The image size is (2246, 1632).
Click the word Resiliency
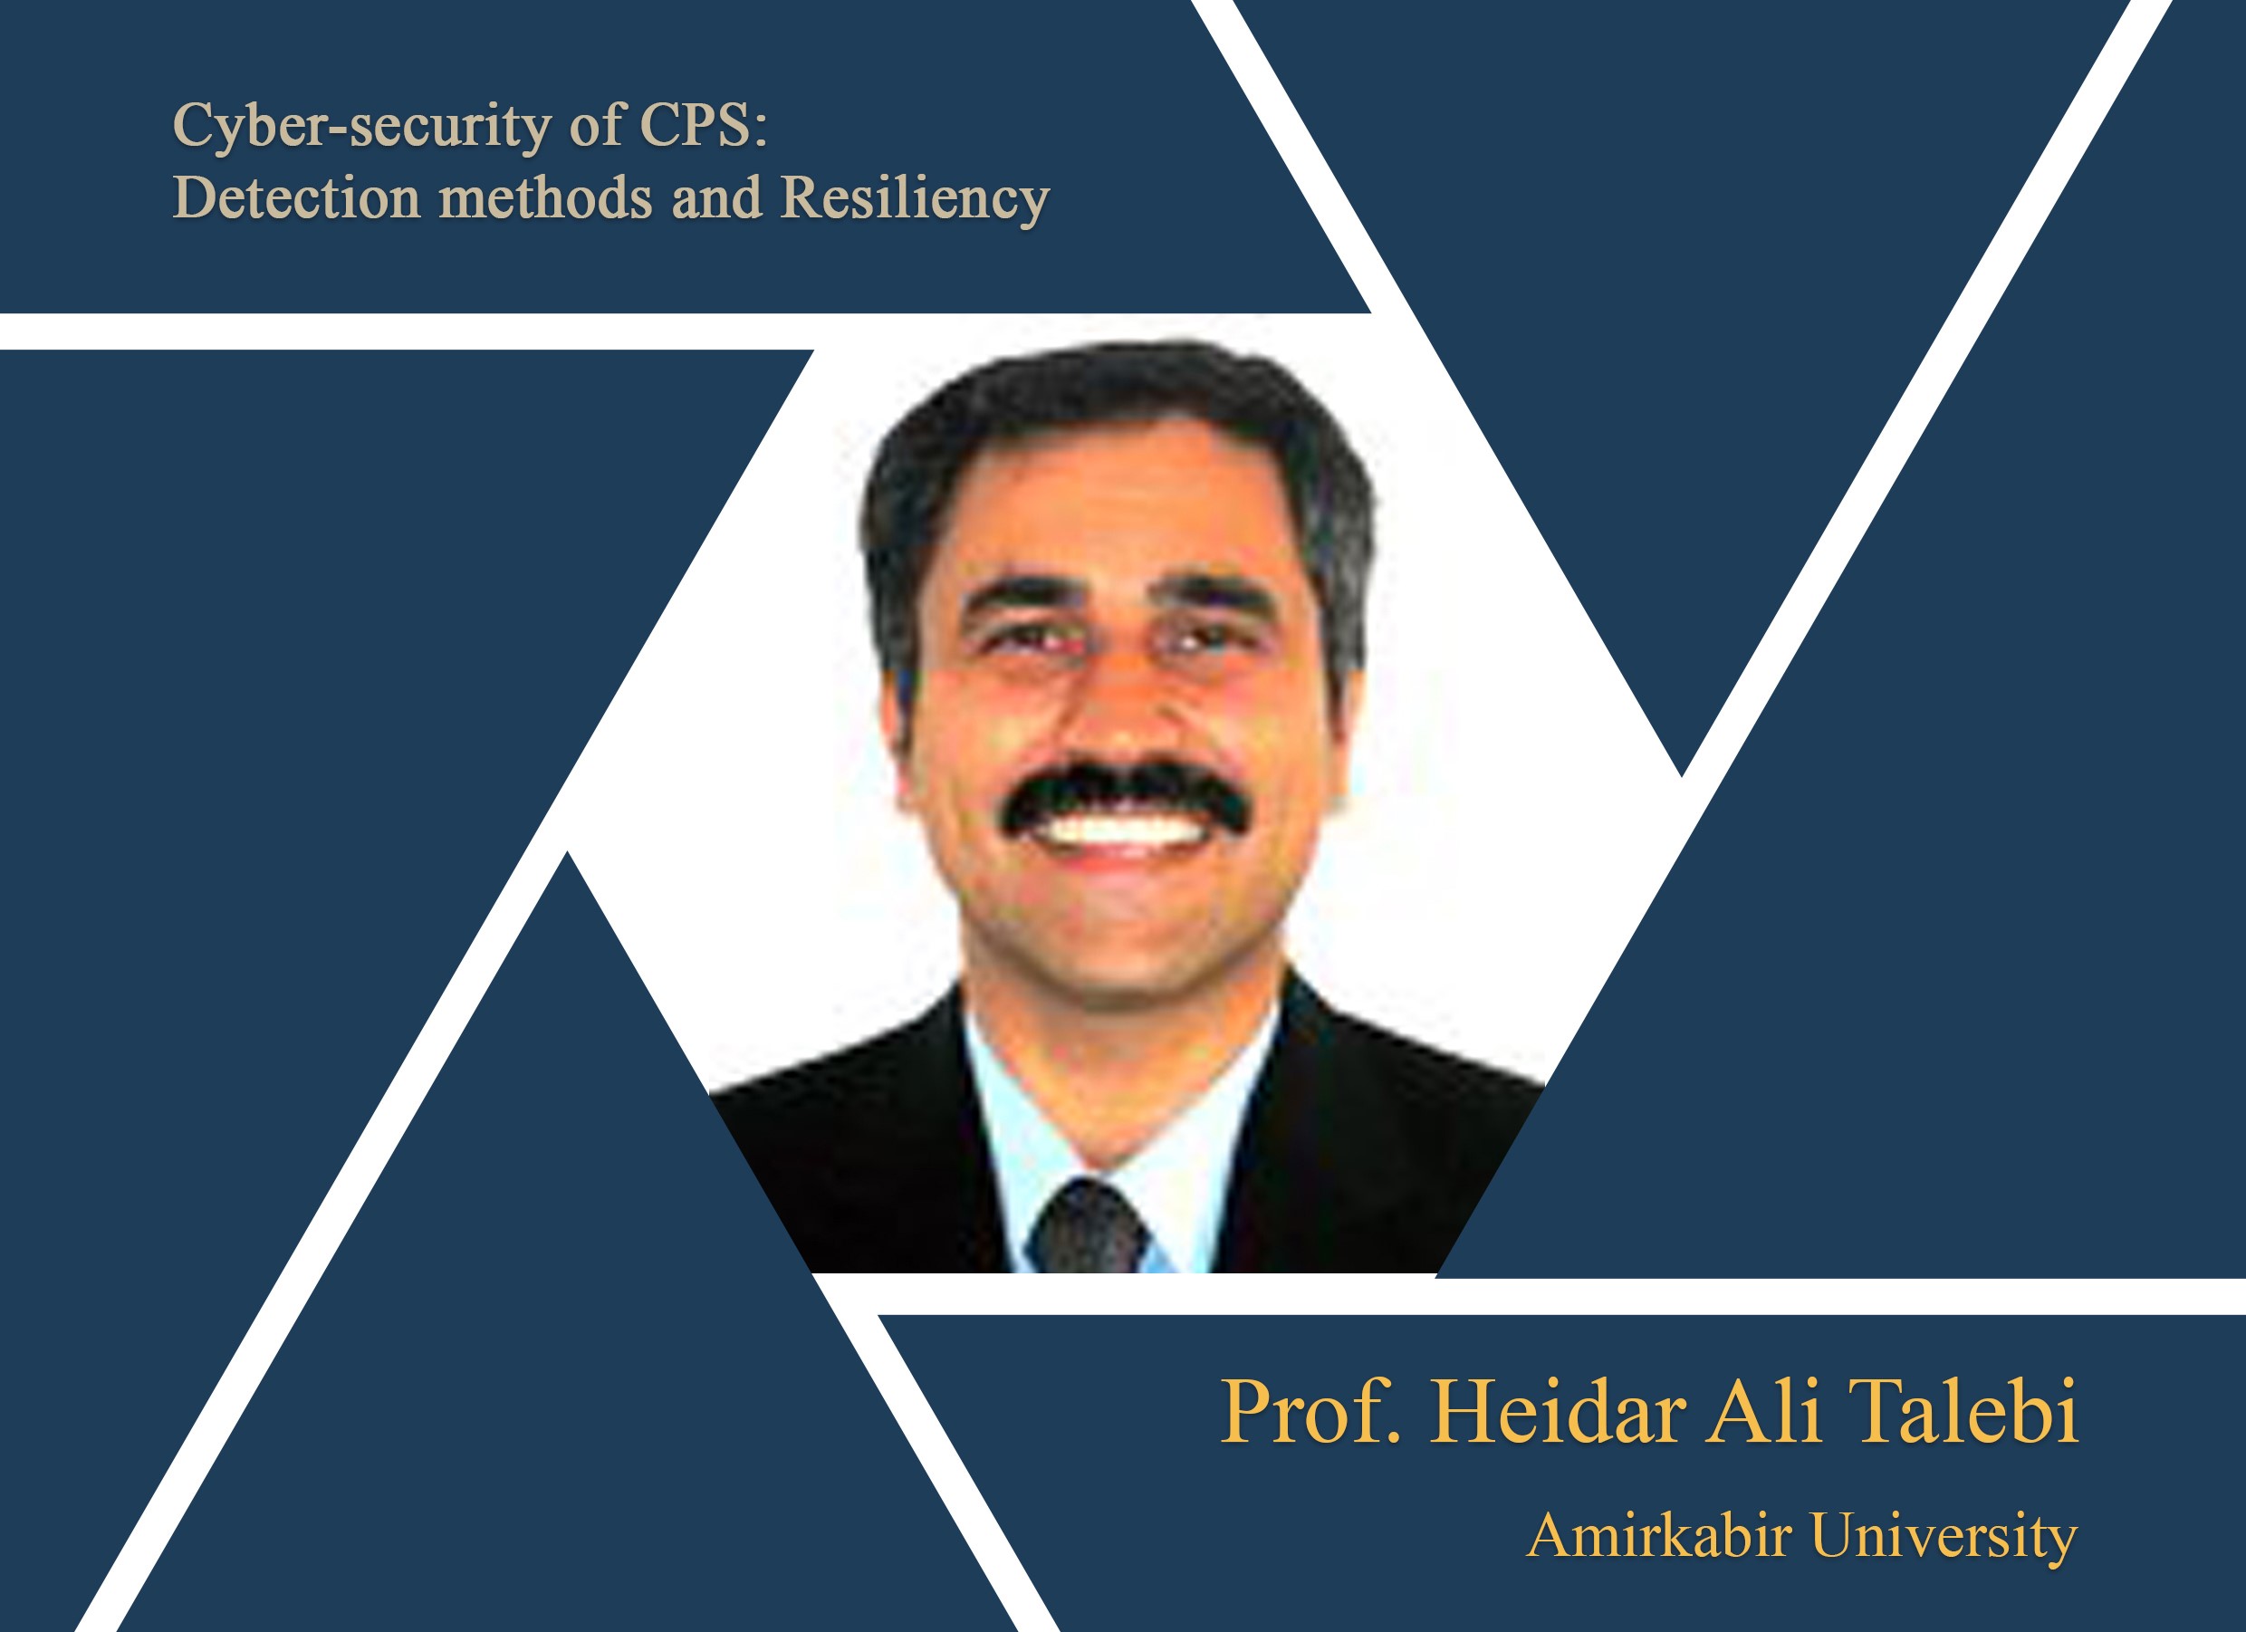[915, 199]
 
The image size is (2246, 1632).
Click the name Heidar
[1558, 1410]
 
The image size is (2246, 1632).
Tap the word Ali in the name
[1765, 1410]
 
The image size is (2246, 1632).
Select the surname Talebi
[1963, 1410]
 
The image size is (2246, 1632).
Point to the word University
[1944, 1537]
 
